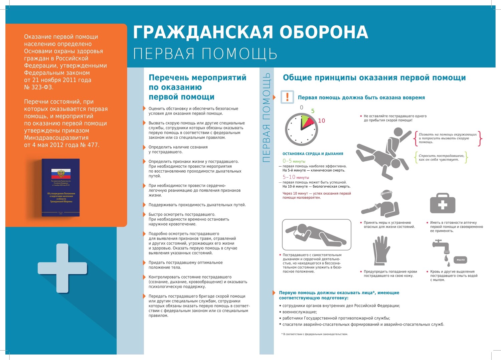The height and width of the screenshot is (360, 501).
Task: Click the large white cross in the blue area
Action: (x=62, y=268)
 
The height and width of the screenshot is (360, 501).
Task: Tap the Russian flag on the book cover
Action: (x=61, y=173)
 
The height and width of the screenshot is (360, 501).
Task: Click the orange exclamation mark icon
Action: (x=287, y=97)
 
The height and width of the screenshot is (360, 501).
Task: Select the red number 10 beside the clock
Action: (x=321, y=121)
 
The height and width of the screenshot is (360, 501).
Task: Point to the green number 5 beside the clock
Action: (x=313, y=111)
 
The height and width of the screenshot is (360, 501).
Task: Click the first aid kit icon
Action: (x=443, y=203)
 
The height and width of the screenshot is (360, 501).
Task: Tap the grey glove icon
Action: (x=381, y=250)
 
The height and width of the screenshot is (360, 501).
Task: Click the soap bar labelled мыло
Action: (x=461, y=259)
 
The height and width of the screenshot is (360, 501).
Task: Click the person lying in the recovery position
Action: (x=316, y=234)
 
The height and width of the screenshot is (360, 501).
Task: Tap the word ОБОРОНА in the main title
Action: (x=323, y=33)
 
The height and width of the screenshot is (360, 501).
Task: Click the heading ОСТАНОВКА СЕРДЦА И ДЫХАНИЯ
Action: (x=313, y=154)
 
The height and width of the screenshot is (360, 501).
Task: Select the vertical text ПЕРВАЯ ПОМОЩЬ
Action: (x=267, y=118)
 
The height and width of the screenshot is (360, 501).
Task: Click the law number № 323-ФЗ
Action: (x=38, y=87)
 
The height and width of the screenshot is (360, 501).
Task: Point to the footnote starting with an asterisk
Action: (x=314, y=334)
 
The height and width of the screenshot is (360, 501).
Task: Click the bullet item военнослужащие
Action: (x=300, y=312)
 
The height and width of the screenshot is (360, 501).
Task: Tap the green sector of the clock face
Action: (x=305, y=122)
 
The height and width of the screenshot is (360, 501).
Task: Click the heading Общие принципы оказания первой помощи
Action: (x=374, y=78)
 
